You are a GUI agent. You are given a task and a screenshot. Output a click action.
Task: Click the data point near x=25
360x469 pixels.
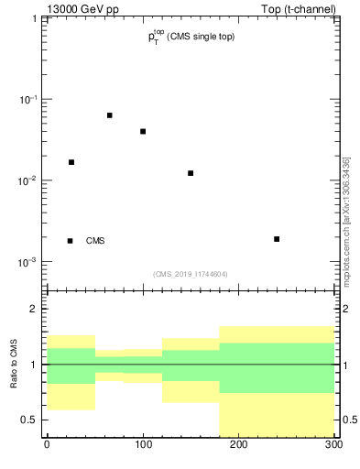71,162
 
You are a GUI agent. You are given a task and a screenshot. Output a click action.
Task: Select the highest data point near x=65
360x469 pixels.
109,115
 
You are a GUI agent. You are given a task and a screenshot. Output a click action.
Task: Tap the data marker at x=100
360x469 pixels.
143,131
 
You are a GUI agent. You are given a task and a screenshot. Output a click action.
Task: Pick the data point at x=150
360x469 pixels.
191,173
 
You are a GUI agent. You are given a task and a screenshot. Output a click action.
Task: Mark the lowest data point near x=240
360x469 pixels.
277,239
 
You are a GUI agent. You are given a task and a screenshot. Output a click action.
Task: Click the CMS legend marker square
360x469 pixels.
71,241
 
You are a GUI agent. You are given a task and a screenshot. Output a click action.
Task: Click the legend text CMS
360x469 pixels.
95,241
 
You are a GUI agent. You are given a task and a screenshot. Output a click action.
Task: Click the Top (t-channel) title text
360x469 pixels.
298,8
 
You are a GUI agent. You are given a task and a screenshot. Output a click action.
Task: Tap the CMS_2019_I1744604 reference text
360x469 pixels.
191,274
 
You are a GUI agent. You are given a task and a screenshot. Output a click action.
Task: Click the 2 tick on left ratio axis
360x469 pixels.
35,309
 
